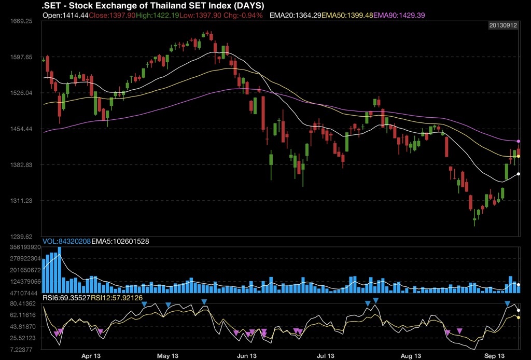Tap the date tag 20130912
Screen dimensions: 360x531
503,25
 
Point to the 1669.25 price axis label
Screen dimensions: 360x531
22,22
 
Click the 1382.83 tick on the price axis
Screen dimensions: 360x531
22,165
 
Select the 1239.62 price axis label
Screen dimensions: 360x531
22,236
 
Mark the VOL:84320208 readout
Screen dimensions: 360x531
66,242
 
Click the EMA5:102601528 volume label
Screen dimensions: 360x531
120,242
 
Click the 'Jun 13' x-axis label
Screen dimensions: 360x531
247,356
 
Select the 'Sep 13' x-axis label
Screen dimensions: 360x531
494,356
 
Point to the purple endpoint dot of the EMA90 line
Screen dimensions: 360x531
519,141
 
